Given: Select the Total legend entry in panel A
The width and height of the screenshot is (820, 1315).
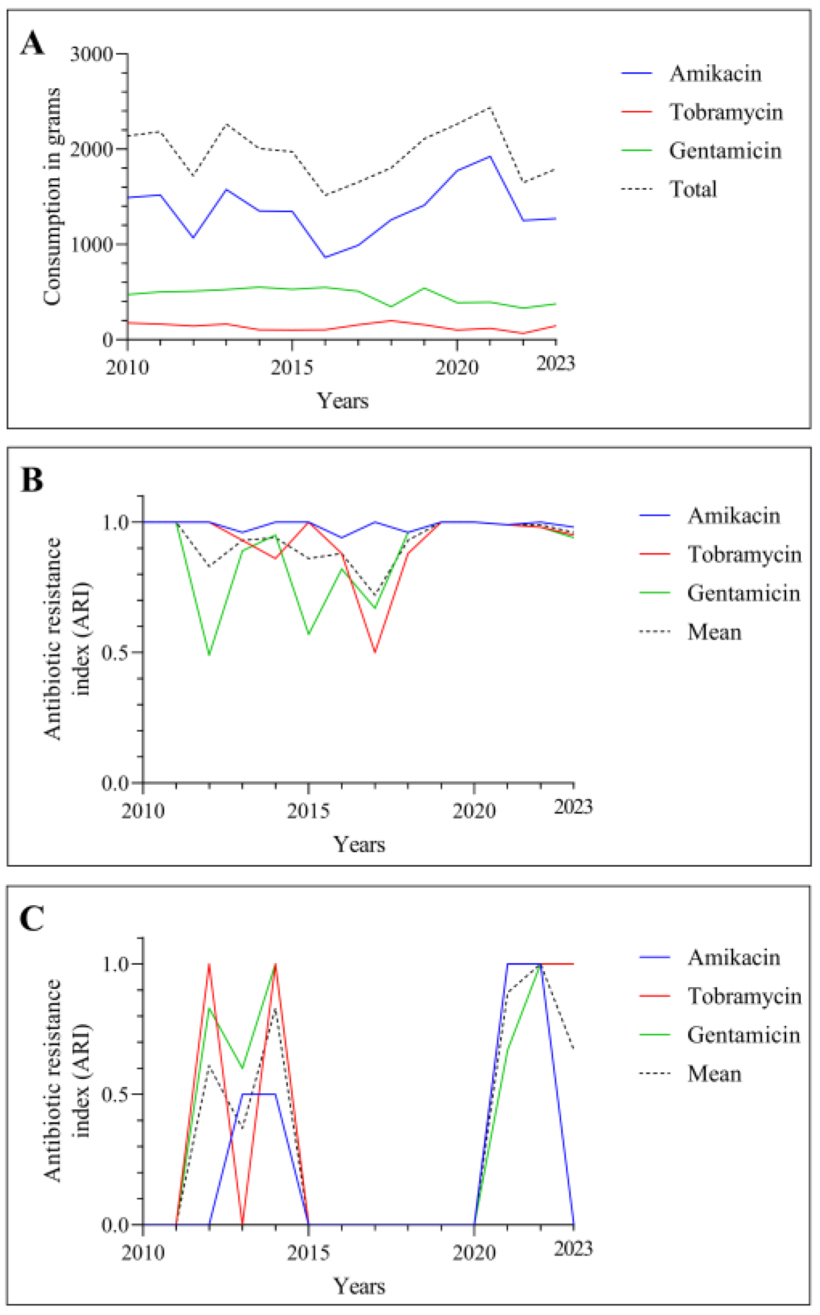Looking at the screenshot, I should [693, 189].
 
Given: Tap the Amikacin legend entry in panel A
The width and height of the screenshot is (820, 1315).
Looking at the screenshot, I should [715, 73].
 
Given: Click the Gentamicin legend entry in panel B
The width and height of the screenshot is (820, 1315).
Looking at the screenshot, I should [743, 593].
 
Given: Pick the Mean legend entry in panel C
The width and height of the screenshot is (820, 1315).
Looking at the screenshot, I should [714, 1073].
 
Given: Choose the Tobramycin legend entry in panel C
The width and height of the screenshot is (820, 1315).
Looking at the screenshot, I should [744, 996].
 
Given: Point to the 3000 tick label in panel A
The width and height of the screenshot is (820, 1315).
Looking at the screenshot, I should [91, 54].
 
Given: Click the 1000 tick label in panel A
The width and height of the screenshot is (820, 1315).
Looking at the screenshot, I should [91, 245].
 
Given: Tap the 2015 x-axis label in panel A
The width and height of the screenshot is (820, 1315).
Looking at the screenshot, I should [292, 367].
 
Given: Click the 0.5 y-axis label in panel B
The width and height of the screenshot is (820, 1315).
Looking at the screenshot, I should [115, 652].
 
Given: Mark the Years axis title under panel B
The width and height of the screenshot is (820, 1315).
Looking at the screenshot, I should [359, 844].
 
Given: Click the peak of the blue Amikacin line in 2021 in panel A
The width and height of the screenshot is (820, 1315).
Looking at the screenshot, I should [490, 157].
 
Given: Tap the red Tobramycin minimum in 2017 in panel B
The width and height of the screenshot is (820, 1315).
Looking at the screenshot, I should [375, 652].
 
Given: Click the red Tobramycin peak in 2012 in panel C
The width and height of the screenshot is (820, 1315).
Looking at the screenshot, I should [209, 964].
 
